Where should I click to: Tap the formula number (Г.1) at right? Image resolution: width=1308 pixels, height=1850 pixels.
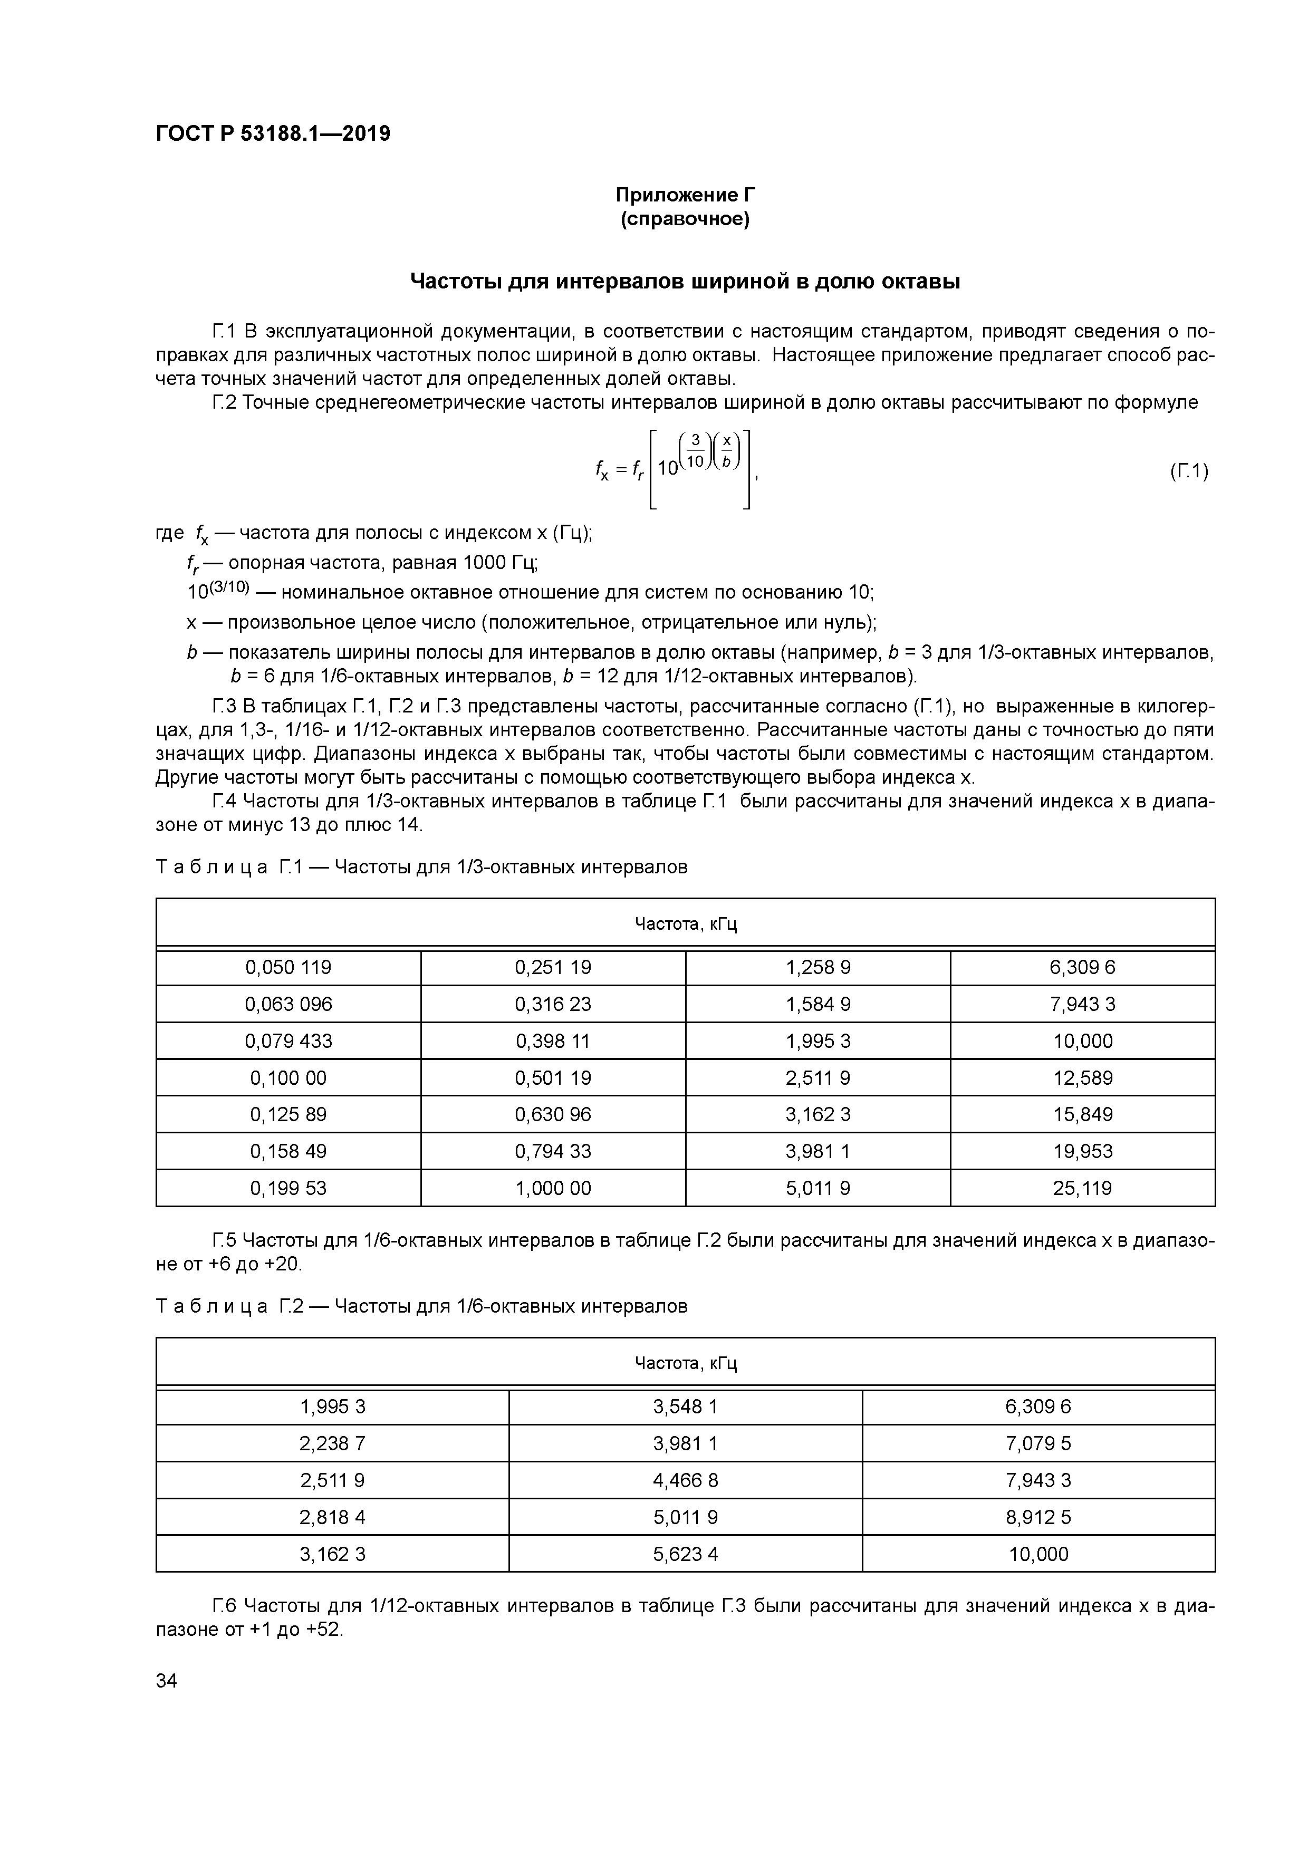point(1188,471)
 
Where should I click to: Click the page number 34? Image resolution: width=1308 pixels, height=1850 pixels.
point(166,1681)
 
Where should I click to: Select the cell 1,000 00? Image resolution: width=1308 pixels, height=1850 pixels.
point(553,1189)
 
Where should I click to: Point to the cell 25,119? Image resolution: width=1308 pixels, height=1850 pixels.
point(1082,1189)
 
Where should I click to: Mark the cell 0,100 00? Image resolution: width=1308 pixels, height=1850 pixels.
point(288,1078)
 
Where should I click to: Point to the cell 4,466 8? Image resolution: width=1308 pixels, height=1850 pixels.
point(685,1481)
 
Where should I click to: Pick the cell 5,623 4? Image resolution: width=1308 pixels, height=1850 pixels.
point(685,1554)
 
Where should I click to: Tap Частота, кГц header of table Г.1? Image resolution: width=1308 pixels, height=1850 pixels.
point(685,924)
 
